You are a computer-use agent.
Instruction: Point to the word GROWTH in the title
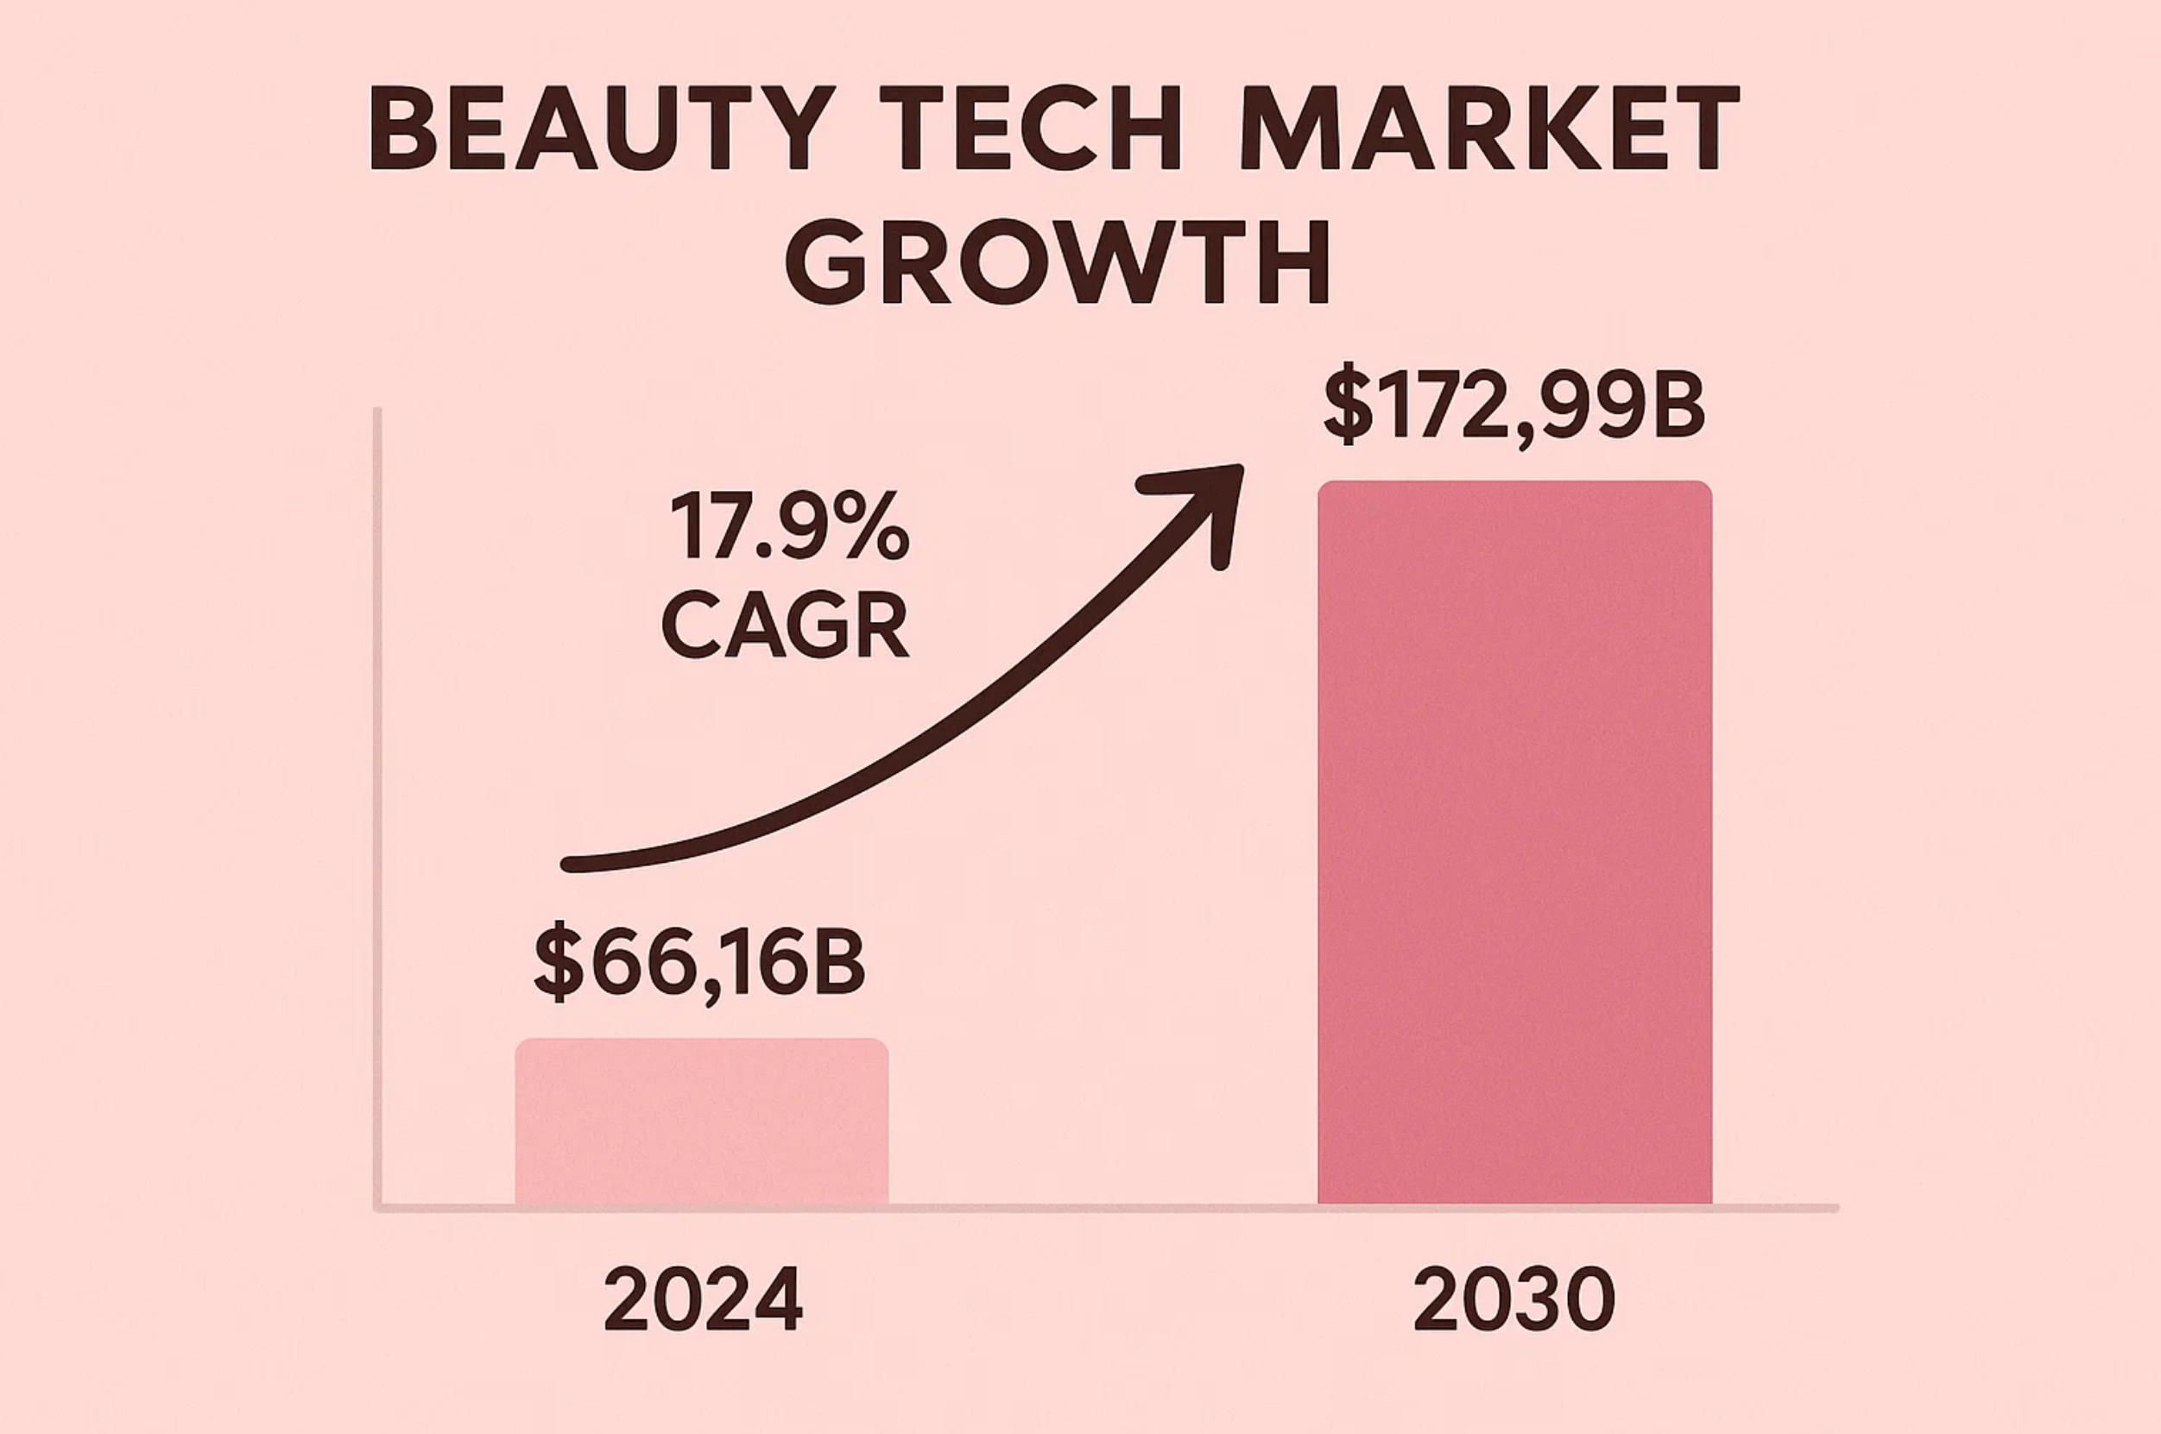(1058, 261)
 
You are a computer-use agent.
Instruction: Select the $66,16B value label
(699, 962)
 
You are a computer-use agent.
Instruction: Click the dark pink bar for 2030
(1514, 841)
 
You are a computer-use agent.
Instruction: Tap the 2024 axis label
(703, 1299)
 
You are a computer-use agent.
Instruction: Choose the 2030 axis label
(1514, 1299)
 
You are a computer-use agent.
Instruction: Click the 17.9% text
(788, 529)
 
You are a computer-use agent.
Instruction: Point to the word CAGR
(785, 624)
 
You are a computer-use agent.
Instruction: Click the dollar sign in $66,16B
(558, 962)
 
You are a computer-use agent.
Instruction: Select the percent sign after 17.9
(874, 529)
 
